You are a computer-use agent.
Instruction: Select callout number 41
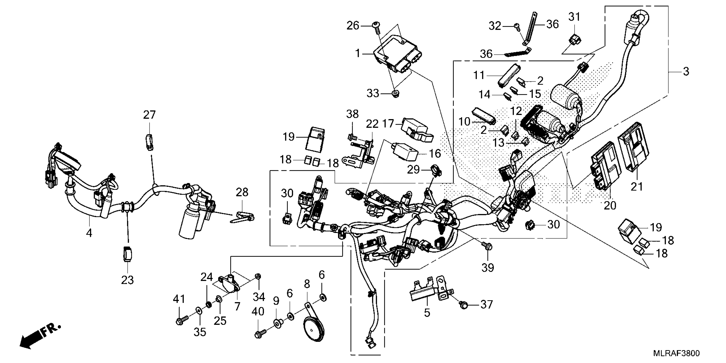[179, 299]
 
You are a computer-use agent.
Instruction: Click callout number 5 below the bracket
[427, 312]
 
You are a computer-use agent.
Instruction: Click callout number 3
[686, 71]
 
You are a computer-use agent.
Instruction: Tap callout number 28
[242, 192]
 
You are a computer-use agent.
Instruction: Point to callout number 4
[89, 233]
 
